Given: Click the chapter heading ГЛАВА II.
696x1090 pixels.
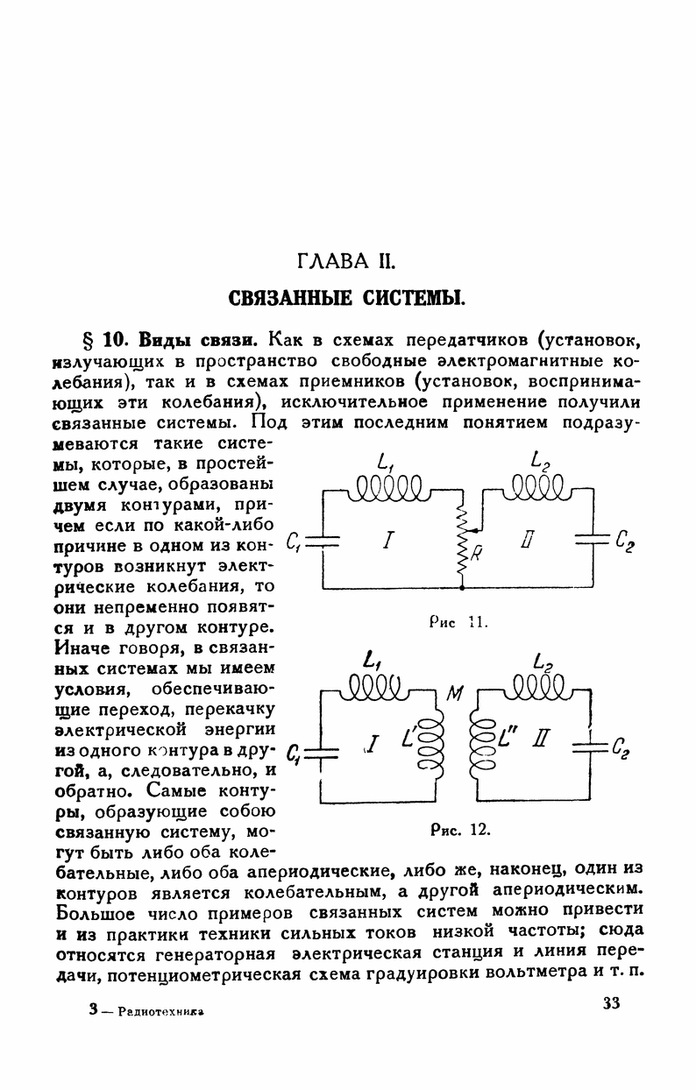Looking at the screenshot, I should [348, 260].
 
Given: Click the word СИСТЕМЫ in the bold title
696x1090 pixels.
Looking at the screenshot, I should [407, 297].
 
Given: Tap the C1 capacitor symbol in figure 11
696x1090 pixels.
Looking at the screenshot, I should [323, 541].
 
